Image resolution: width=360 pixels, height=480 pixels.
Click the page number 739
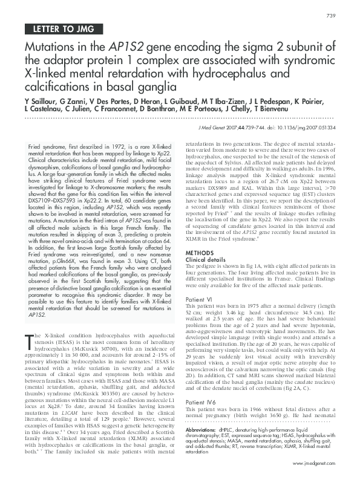tap(330, 15)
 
